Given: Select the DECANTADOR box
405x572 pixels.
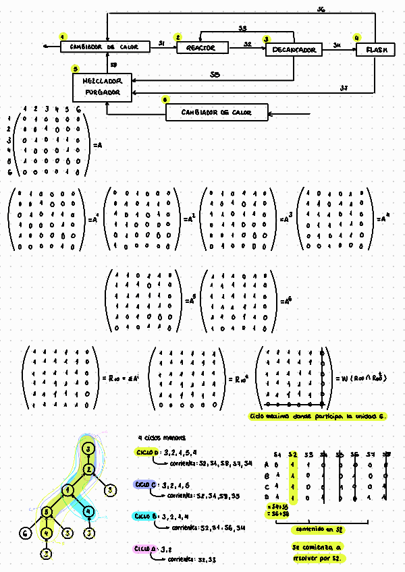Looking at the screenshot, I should coord(294,50).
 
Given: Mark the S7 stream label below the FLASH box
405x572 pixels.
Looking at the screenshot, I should coord(344,88).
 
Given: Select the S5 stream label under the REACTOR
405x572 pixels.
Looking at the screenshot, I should coord(214,74).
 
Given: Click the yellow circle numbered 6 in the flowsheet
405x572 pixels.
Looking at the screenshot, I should coord(166,100).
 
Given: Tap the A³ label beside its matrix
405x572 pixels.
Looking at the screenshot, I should coord(284,219).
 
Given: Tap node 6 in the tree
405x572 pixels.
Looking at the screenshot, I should coord(24,533).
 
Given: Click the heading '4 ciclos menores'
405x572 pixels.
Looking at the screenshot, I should coord(158,437).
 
